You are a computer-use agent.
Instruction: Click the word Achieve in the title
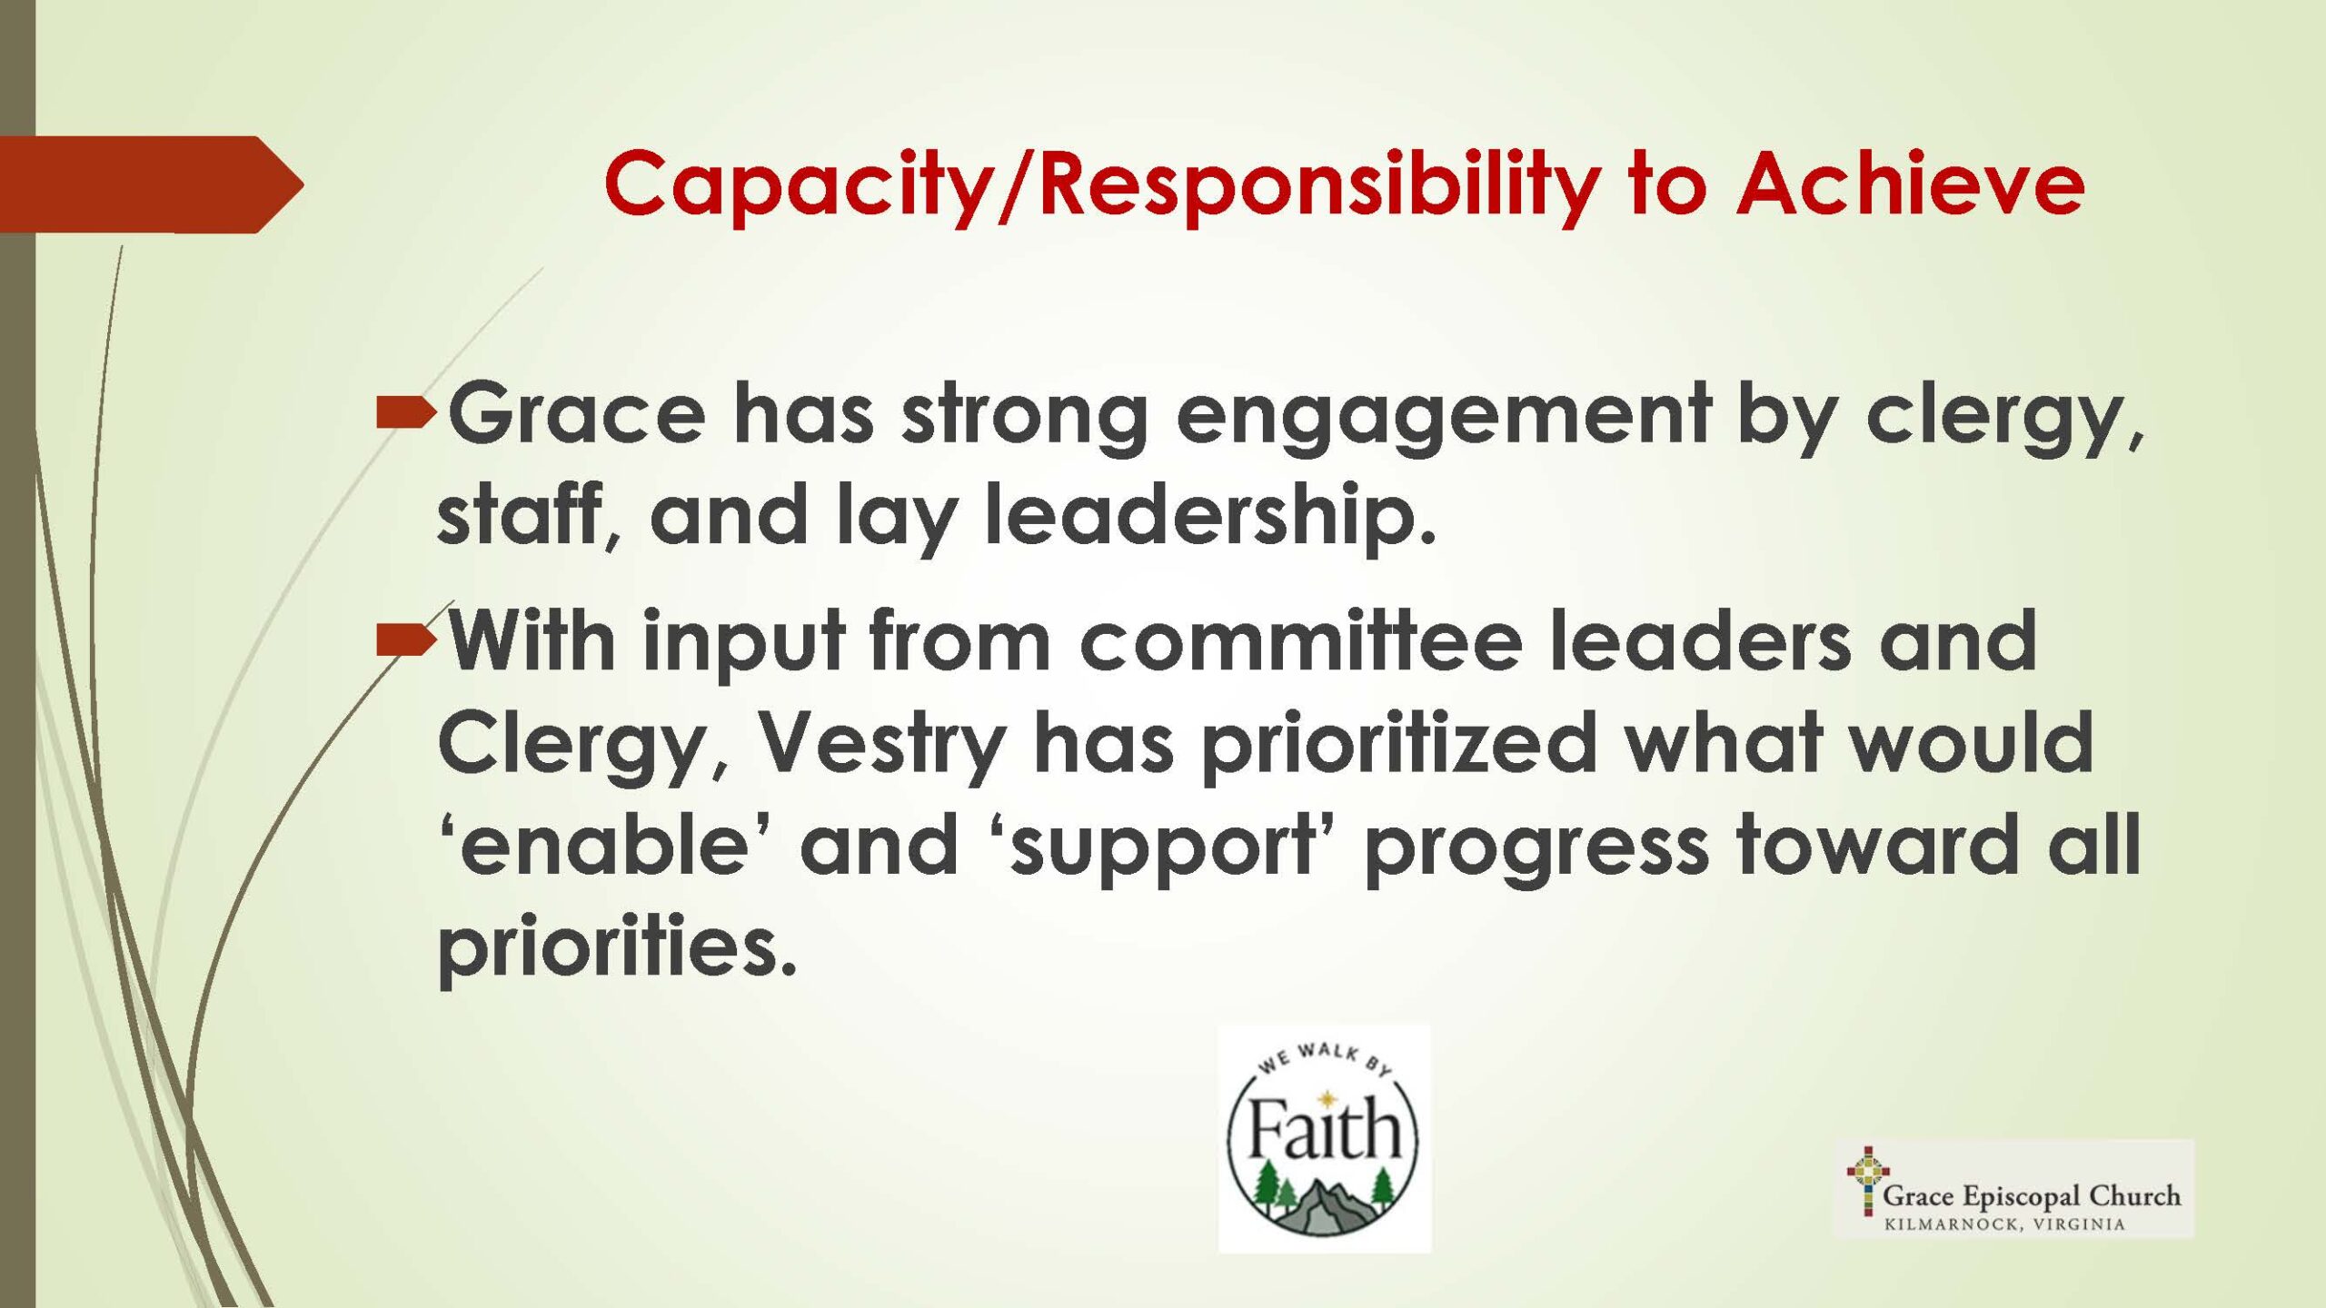click(1910, 183)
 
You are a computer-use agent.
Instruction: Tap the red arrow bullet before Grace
click(406, 413)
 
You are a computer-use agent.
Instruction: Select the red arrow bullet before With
click(406, 640)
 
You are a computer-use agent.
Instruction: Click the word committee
click(1300, 639)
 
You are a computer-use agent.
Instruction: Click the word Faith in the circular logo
click(1324, 1128)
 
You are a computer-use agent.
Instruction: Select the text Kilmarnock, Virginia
click(2003, 1224)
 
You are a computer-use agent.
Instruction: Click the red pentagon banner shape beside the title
click(151, 184)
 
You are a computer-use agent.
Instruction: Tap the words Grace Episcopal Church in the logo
click(2032, 1195)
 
